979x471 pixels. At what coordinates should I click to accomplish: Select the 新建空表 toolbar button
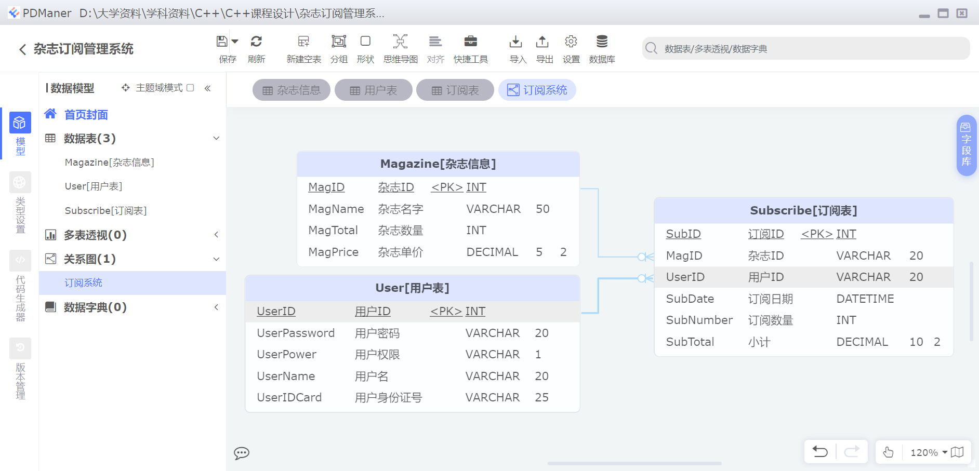click(x=303, y=42)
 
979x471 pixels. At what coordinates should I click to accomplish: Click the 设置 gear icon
click(x=571, y=42)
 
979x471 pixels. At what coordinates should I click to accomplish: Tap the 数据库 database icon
click(x=602, y=42)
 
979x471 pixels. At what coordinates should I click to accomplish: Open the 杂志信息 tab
click(x=292, y=90)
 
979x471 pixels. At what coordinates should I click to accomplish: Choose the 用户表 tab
click(x=374, y=90)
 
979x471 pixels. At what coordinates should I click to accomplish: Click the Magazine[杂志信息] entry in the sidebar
click(x=109, y=163)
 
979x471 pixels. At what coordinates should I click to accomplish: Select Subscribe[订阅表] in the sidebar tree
click(x=105, y=211)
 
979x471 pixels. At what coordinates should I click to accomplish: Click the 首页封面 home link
click(x=86, y=115)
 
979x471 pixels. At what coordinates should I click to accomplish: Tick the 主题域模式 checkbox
click(x=190, y=88)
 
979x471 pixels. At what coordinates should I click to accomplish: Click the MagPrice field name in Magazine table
click(x=333, y=252)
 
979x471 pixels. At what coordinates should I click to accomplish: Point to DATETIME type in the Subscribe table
click(x=865, y=299)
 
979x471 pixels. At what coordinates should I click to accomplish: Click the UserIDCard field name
click(x=289, y=398)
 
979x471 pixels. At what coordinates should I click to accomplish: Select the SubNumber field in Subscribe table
click(x=699, y=320)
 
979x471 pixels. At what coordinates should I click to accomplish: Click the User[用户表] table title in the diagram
click(x=412, y=288)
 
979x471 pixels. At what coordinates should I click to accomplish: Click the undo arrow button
click(x=820, y=452)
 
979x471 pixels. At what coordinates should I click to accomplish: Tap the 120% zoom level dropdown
click(x=929, y=452)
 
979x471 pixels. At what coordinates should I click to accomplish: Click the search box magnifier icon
click(x=651, y=49)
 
